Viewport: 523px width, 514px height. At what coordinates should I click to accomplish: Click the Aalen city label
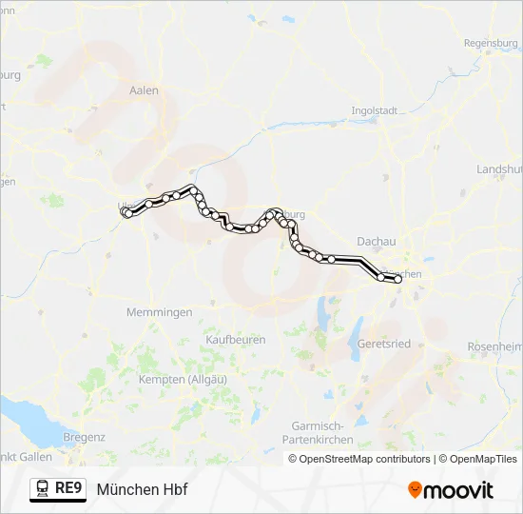click(144, 90)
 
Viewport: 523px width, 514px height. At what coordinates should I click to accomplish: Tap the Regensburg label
click(491, 43)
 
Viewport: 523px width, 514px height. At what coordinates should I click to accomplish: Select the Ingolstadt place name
click(374, 110)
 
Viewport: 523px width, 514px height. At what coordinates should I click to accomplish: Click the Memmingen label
click(159, 312)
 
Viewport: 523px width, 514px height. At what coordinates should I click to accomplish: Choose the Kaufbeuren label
click(236, 339)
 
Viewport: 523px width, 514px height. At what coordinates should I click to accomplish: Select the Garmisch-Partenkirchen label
click(318, 433)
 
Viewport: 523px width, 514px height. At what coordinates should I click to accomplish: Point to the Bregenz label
click(84, 436)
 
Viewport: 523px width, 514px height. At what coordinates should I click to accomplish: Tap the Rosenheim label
click(495, 346)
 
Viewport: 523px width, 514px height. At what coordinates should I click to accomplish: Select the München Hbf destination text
click(142, 489)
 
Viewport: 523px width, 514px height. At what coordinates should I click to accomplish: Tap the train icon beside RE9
click(43, 489)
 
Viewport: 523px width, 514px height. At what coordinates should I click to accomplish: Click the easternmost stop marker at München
click(399, 279)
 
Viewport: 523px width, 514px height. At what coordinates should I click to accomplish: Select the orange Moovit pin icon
click(415, 490)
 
